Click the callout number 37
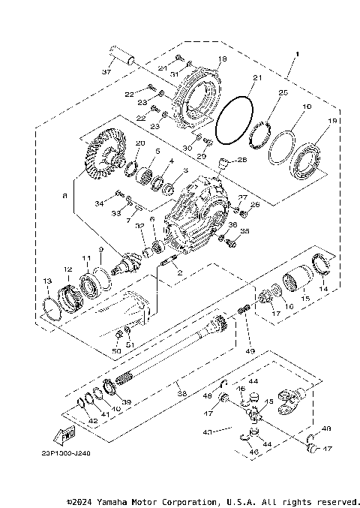[x=106, y=72]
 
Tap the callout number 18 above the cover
[x=221, y=59]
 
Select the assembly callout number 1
[x=298, y=55]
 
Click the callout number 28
[x=241, y=160]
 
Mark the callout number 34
[x=99, y=203]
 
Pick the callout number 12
[x=67, y=269]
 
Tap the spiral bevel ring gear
[x=99, y=161]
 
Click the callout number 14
[x=324, y=288]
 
